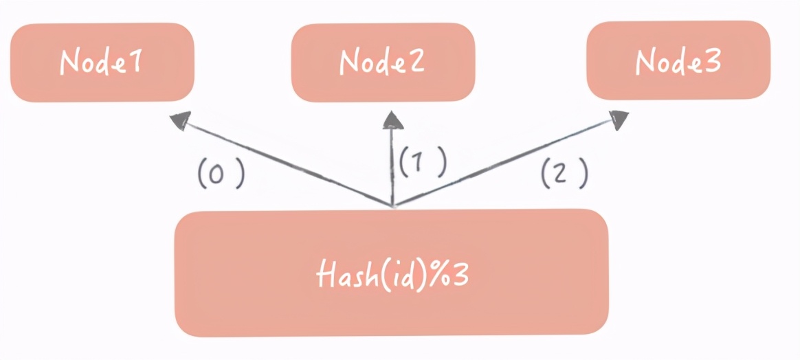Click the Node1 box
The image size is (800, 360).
point(102,63)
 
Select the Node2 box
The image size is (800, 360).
point(383,63)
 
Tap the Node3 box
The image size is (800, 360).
point(678,60)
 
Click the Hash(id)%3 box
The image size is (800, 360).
point(391,273)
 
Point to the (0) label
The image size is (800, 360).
point(221,175)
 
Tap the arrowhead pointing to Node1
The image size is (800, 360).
point(180,121)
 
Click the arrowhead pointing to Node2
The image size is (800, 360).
point(392,121)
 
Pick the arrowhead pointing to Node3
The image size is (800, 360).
point(618,120)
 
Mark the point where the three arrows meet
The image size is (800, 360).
point(392,205)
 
